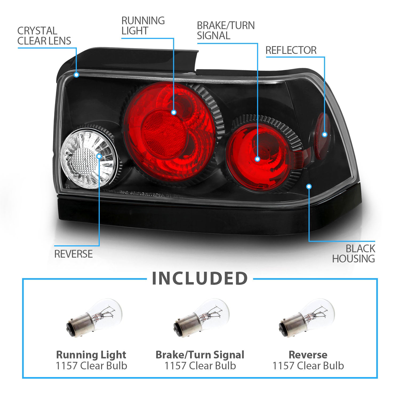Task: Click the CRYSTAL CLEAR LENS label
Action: coord(44,36)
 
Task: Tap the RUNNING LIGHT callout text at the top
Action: coord(143,26)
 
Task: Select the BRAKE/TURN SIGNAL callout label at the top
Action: coord(226,30)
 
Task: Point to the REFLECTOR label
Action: coord(291,50)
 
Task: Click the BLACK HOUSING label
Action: coord(354,254)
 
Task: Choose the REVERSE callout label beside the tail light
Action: coord(73,254)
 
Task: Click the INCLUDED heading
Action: coord(200,278)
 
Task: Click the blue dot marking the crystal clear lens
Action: coord(76,75)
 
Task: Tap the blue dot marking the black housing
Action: coord(309,186)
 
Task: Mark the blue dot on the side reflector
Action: coord(325,134)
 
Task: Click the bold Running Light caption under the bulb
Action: coord(91,355)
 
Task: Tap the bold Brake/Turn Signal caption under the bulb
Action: coord(200,355)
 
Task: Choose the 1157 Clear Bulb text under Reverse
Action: coord(308,366)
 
